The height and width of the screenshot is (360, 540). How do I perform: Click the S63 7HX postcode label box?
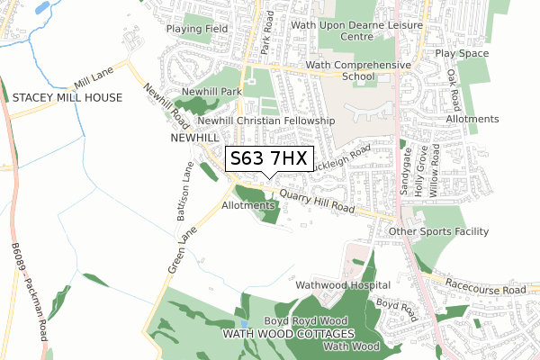(269, 159)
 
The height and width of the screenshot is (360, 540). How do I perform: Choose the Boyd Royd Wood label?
(305, 320)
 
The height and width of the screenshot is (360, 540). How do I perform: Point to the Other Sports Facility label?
(438, 231)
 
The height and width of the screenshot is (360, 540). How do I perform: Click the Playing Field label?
(198, 29)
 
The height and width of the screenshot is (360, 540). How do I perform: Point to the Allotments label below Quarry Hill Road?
(245, 205)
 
